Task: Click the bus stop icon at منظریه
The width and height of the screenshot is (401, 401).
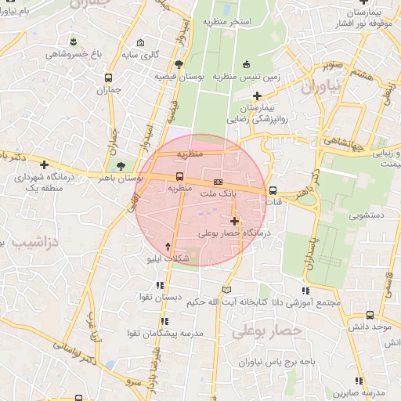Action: [180, 176]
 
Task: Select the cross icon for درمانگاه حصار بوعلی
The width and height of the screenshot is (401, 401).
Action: [234, 222]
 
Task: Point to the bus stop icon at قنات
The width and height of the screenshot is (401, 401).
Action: [273, 190]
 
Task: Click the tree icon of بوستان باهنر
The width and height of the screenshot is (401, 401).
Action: [121, 166]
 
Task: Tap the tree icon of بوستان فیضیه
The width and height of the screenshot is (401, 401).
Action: [179, 64]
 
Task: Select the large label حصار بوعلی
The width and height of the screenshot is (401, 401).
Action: [266, 332]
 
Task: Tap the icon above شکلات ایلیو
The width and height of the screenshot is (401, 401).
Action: [168, 246]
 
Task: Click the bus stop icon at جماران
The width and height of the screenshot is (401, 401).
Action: [107, 78]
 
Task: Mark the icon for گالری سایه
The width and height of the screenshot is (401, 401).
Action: [140, 43]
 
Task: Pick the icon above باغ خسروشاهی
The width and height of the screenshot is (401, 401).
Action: [73, 41]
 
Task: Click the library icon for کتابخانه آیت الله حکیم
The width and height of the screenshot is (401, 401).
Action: [227, 289]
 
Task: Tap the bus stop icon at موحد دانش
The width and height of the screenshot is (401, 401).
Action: [370, 315]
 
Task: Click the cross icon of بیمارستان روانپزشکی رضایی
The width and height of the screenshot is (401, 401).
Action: [257, 96]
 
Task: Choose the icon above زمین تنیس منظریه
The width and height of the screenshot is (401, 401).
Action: [247, 64]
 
